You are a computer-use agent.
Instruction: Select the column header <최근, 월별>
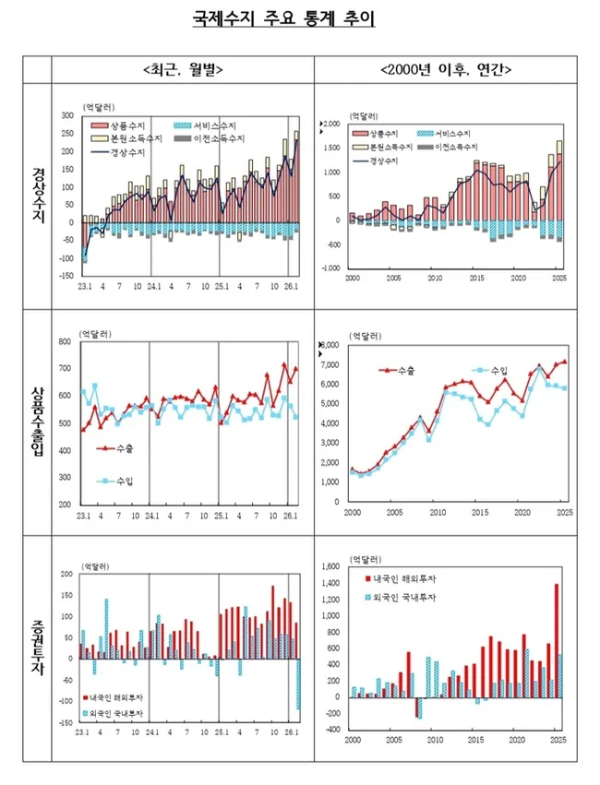point(183,69)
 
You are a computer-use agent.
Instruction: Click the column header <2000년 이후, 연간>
point(447,69)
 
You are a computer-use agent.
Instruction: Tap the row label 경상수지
point(38,189)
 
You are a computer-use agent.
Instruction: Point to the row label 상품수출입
point(38,422)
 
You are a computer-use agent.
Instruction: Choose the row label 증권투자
point(38,648)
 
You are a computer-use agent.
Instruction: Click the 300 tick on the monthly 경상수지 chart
point(67,116)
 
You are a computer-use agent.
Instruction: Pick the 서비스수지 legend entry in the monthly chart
point(210,124)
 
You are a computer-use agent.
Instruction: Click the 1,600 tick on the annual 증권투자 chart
point(331,567)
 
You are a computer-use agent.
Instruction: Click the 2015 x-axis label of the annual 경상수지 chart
point(476,278)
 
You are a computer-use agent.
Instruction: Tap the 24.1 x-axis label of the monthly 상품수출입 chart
point(150,514)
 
